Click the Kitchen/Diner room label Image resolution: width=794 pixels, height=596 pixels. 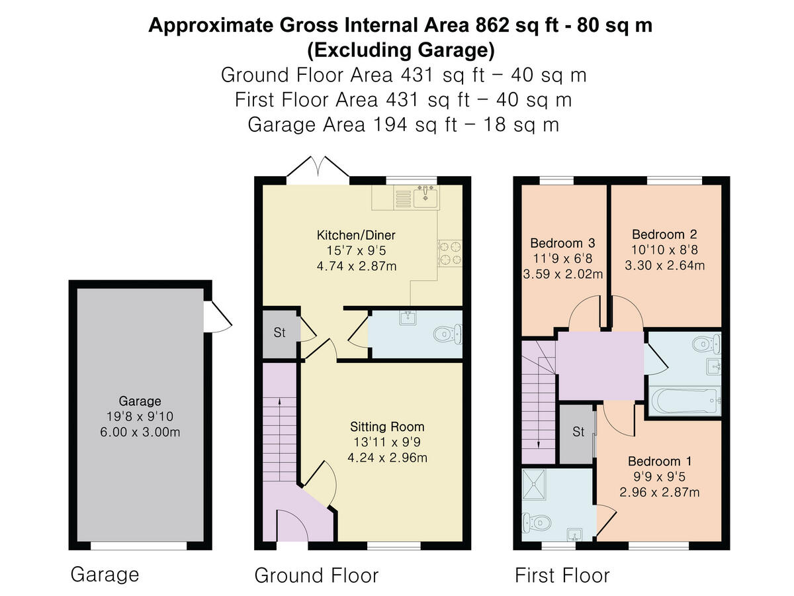click(x=356, y=235)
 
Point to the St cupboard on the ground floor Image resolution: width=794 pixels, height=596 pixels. click(x=279, y=332)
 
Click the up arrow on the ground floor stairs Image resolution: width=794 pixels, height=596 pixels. click(x=279, y=401)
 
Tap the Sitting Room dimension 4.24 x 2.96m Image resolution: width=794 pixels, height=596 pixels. click(x=387, y=457)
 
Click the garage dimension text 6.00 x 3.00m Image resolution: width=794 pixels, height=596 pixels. click(x=140, y=432)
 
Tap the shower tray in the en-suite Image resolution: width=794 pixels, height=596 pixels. click(x=537, y=487)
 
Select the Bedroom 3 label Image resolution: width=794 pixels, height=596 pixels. click(x=557, y=242)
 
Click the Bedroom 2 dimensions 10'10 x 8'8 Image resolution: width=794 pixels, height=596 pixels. click(x=664, y=250)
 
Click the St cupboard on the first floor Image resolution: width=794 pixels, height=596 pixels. click(x=578, y=432)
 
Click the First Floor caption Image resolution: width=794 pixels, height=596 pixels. click(x=562, y=575)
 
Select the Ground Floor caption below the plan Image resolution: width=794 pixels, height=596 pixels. click(x=316, y=575)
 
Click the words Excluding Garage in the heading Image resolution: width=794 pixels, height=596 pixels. click(x=401, y=49)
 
